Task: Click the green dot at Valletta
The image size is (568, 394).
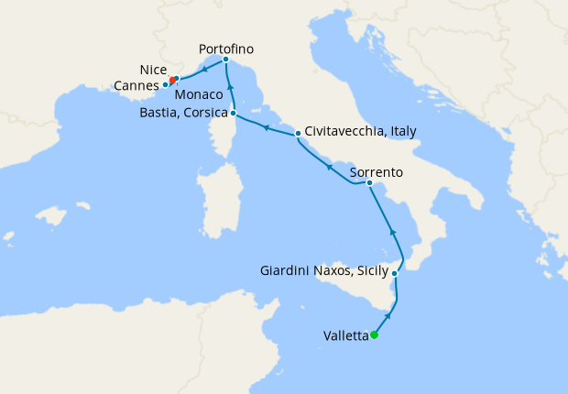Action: click(x=374, y=334)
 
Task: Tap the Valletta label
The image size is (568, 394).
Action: click(x=346, y=335)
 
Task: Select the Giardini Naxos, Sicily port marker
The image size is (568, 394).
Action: click(x=395, y=274)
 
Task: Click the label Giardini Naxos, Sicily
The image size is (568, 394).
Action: click(x=324, y=271)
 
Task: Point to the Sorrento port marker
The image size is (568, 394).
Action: click(x=369, y=184)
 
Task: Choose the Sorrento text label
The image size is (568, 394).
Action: click(x=376, y=171)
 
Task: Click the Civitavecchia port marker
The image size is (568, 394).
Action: click(x=298, y=135)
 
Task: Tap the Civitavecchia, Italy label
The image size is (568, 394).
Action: click(x=360, y=131)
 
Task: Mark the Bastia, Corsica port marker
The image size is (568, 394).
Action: click(x=234, y=114)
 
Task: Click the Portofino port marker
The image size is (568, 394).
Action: click(x=225, y=60)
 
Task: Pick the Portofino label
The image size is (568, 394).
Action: click(x=226, y=48)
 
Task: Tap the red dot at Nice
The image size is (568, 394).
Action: click(x=172, y=81)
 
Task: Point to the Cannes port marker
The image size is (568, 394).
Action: click(x=166, y=85)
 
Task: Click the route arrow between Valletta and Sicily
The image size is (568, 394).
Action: click(x=388, y=316)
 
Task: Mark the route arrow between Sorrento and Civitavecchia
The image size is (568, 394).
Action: click(x=328, y=166)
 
